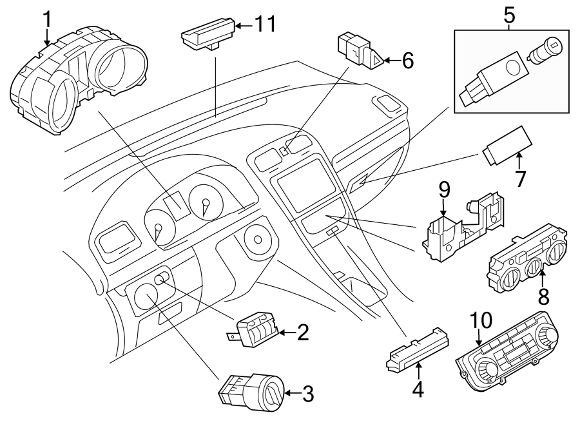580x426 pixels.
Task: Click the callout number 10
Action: click(480, 320)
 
